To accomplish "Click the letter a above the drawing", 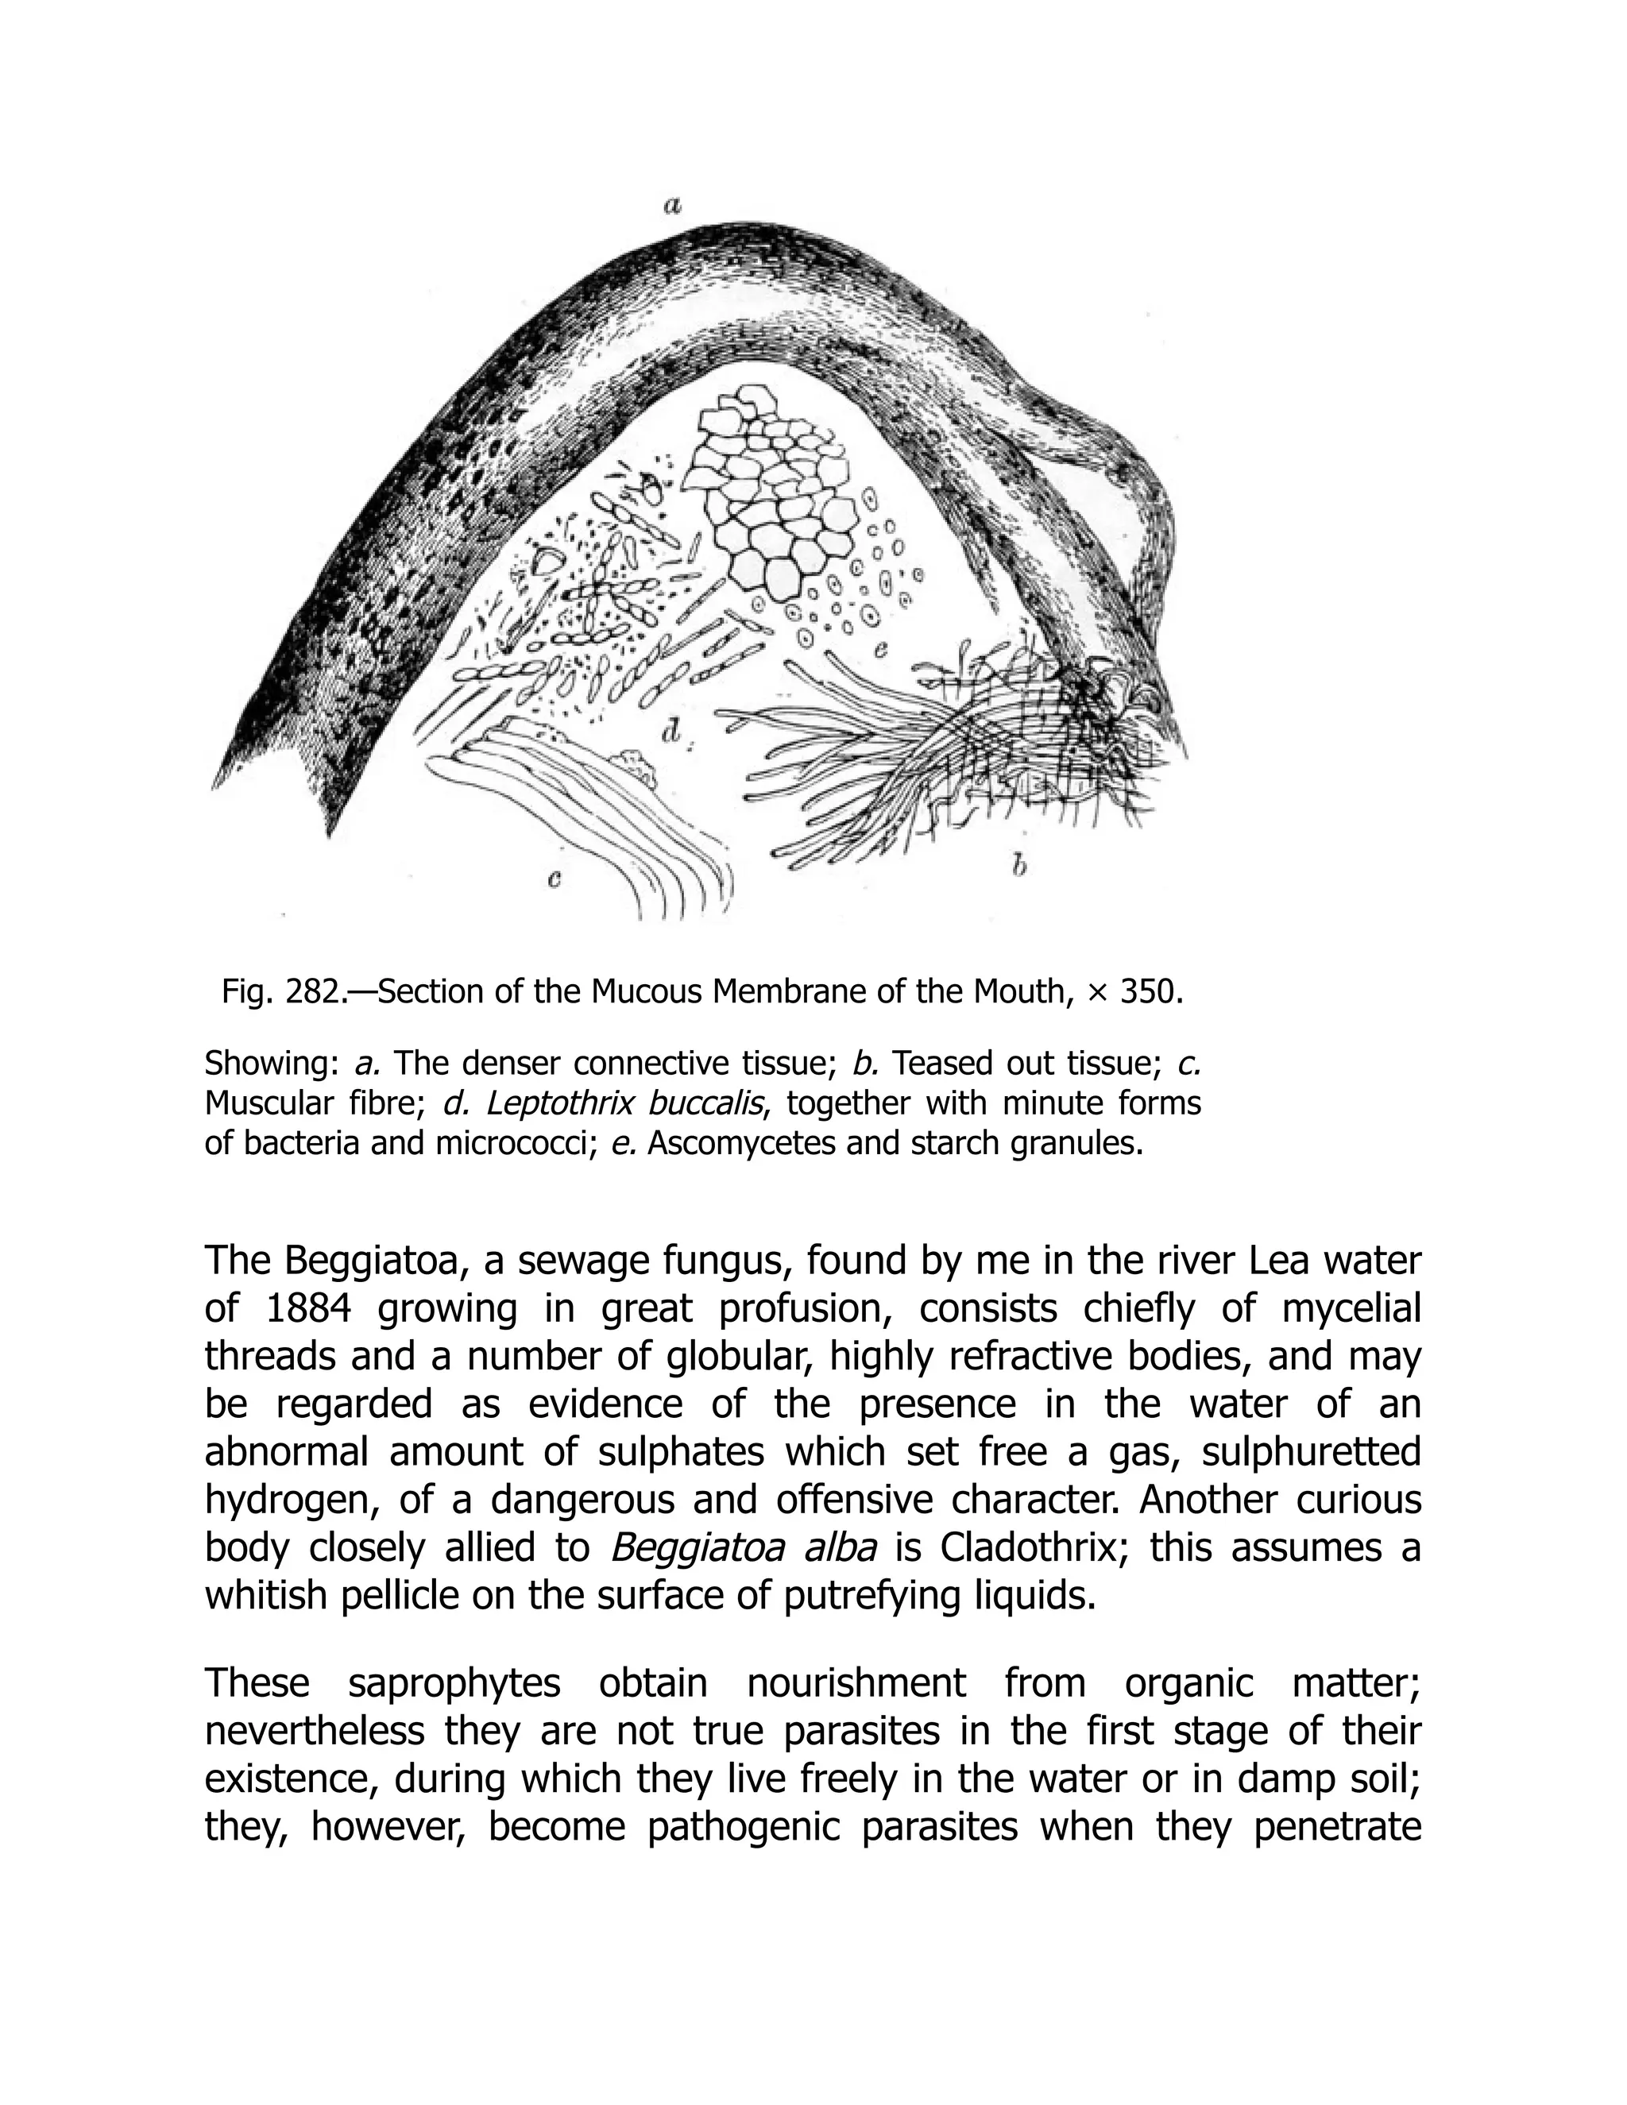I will [x=673, y=204].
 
